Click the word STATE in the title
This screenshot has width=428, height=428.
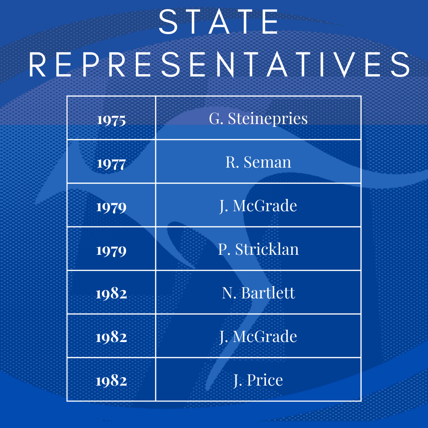[x=218, y=22]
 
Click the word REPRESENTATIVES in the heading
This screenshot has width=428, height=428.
[x=220, y=65]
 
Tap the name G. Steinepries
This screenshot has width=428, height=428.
[x=258, y=119]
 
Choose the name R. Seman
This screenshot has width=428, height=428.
[x=258, y=162]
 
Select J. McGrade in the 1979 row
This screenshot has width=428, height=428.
[x=258, y=206]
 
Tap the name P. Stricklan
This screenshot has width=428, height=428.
[x=258, y=249]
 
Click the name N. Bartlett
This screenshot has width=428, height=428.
[x=258, y=293]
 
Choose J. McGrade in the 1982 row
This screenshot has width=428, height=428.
[x=258, y=336]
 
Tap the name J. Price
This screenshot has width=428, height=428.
[x=258, y=380]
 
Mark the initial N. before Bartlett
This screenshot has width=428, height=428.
[x=229, y=293]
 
